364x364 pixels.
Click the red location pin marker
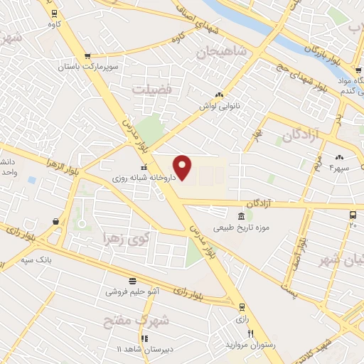183,166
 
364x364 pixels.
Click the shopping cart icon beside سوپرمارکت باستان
87,56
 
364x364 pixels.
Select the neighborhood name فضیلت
151,88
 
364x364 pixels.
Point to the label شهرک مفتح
146,321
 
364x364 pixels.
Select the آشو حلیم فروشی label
133,291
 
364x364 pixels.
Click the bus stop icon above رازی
243,307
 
